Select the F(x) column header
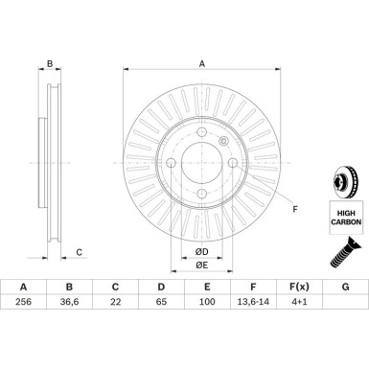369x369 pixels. click(x=299, y=287)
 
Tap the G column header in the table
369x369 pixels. click(x=345, y=287)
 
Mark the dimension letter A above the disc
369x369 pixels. click(x=201, y=64)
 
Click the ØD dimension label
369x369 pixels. click(x=202, y=252)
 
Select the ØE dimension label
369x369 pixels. click(x=202, y=265)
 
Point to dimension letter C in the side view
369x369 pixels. click(x=80, y=253)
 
